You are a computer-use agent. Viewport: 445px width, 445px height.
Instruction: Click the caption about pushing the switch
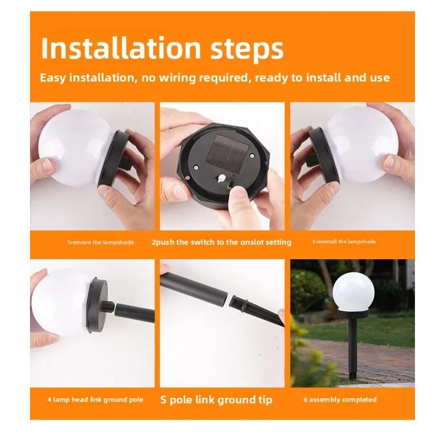click(x=221, y=242)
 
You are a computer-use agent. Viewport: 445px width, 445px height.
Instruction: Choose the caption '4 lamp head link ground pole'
click(x=95, y=399)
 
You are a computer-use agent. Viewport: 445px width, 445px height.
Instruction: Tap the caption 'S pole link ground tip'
click(x=216, y=399)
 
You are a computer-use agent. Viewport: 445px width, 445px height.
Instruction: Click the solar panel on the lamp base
click(x=225, y=150)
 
